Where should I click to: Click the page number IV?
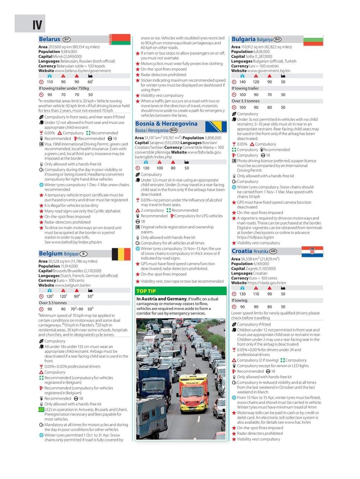click(37, 25)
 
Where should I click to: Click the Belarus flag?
click(120, 39)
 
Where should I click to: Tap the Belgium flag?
click(121, 254)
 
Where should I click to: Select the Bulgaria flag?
click(313, 40)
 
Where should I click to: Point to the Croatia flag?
click(312, 251)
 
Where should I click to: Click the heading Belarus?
click(49, 39)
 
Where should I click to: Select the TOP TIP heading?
click(146, 291)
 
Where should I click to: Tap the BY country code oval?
click(66, 40)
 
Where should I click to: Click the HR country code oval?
click(273, 251)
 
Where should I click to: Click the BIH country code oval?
click(173, 130)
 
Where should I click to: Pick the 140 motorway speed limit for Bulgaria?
click(242, 82)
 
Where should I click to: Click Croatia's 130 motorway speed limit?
click(242, 294)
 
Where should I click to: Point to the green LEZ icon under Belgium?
click(41, 410)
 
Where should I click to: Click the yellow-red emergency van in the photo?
click(189, 389)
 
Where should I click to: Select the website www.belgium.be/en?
click(73, 285)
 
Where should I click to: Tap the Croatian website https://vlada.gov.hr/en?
click(267, 283)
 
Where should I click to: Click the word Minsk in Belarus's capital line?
click(59, 56)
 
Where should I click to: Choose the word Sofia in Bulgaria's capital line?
click(250, 56)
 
